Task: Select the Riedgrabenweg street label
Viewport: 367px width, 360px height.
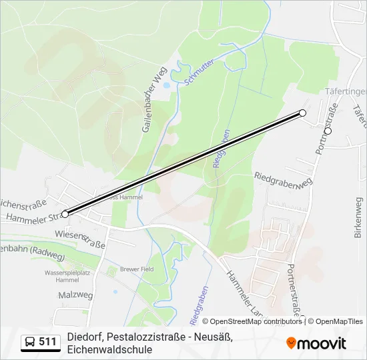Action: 284,181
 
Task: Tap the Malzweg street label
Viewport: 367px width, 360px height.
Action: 75,294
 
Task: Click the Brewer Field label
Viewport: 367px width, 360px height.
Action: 137,269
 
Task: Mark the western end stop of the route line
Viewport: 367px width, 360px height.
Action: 65,214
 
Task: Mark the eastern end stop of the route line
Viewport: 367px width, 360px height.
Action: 303,113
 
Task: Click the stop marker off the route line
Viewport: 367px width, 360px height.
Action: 328,131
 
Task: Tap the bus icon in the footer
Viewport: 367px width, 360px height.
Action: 30,342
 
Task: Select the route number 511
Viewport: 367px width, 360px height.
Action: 47,342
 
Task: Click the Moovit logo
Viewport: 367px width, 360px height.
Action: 316,343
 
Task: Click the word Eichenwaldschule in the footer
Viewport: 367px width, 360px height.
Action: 109,349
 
